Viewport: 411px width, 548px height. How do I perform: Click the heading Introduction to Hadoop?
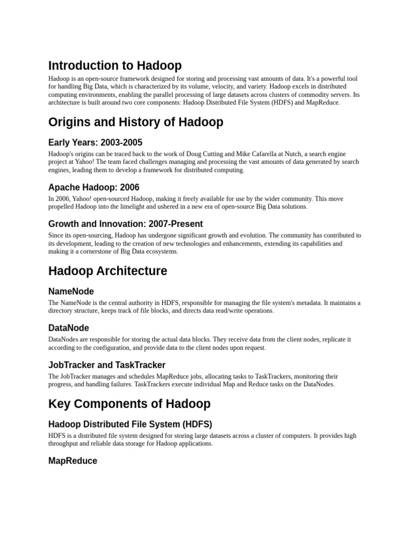coord(115,66)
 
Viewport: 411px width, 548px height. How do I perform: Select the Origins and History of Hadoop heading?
coord(135,122)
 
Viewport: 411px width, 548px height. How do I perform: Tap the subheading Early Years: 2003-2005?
coord(95,142)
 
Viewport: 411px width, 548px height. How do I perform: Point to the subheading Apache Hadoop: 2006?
coord(94,187)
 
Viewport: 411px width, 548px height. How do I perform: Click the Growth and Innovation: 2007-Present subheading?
coord(125,224)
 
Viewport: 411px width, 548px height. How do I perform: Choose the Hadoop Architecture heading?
coord(108,271)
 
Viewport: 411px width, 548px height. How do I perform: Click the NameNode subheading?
coord(71,291)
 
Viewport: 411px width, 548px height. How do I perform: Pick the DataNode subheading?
coord(68,328)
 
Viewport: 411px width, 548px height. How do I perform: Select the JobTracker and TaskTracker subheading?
coord(106,365)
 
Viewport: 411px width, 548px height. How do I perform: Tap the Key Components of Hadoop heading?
coord(129,404)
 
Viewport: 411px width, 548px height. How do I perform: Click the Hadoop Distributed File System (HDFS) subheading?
coord(130,424)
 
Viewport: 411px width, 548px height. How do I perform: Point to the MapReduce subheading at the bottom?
coord(73,461)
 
